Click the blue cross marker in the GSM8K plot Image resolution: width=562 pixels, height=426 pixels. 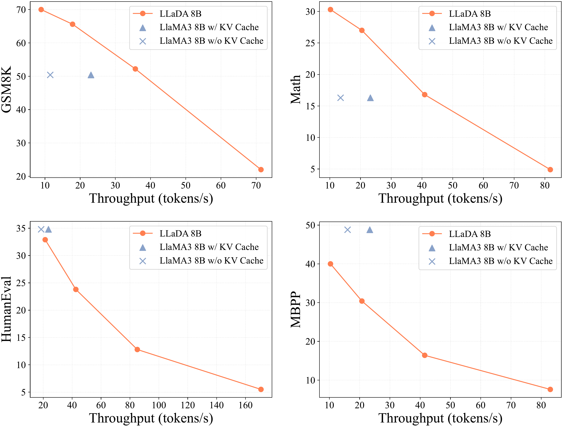tap(50, 75)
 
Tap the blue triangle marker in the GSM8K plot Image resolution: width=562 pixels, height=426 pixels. tap(91, 75)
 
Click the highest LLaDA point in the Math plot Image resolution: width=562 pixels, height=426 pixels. tap(330, 10)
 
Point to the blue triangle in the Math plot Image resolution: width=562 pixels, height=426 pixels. tap(370, 98)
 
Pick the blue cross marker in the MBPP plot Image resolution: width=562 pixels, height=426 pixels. tap(347, 230)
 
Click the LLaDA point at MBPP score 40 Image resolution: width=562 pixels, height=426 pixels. tap(330, 264)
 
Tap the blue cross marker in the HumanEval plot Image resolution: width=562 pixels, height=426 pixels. tap(41, 229)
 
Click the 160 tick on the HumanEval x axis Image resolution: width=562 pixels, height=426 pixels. tap(245, 405)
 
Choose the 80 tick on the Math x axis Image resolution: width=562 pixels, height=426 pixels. tap(545, 186)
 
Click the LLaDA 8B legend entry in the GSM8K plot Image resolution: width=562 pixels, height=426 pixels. tap(180, 14)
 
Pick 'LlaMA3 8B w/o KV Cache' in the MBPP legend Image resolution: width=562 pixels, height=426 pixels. tap(500, 261)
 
